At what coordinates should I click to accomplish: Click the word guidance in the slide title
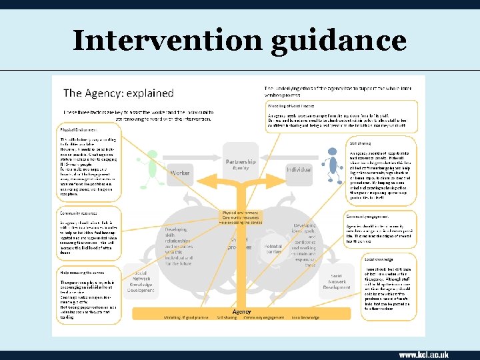[339, 41]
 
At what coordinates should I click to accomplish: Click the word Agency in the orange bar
[241, 311]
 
